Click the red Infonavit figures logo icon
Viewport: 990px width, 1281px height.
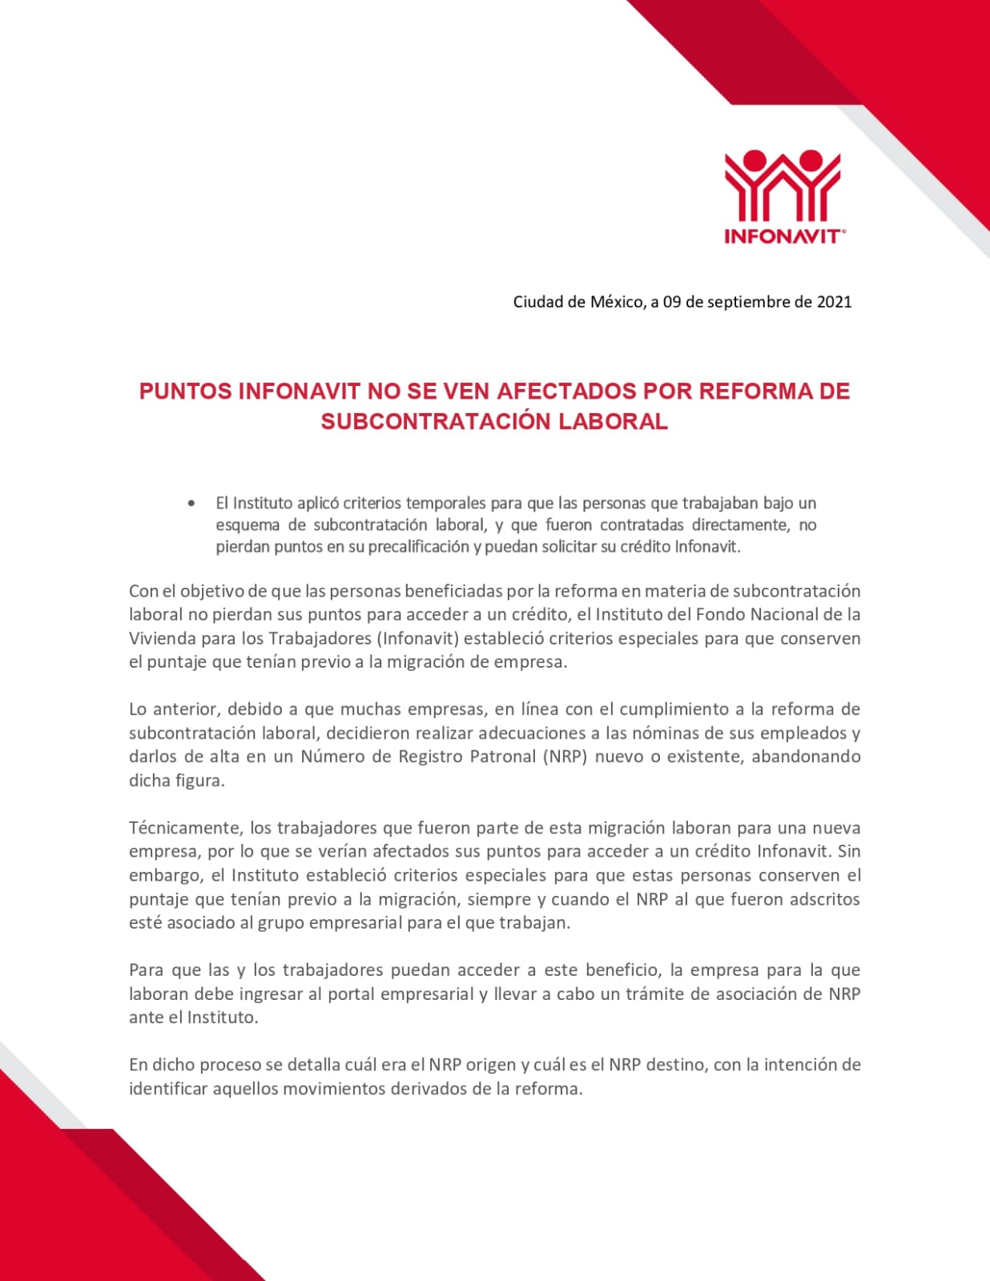click(x=782, y=185)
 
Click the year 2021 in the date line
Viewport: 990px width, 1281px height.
click(x=834, y=302)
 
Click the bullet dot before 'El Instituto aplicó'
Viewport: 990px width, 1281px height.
click(x=191, y=504)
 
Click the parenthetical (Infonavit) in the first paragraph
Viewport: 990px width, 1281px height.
click(x=417, y=638)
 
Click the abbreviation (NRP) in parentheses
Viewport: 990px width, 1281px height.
click(x=565, y=757)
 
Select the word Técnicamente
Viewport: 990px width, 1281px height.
click(x=185, y=828)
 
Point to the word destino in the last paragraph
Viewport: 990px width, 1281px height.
click(x=675, y=1065)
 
